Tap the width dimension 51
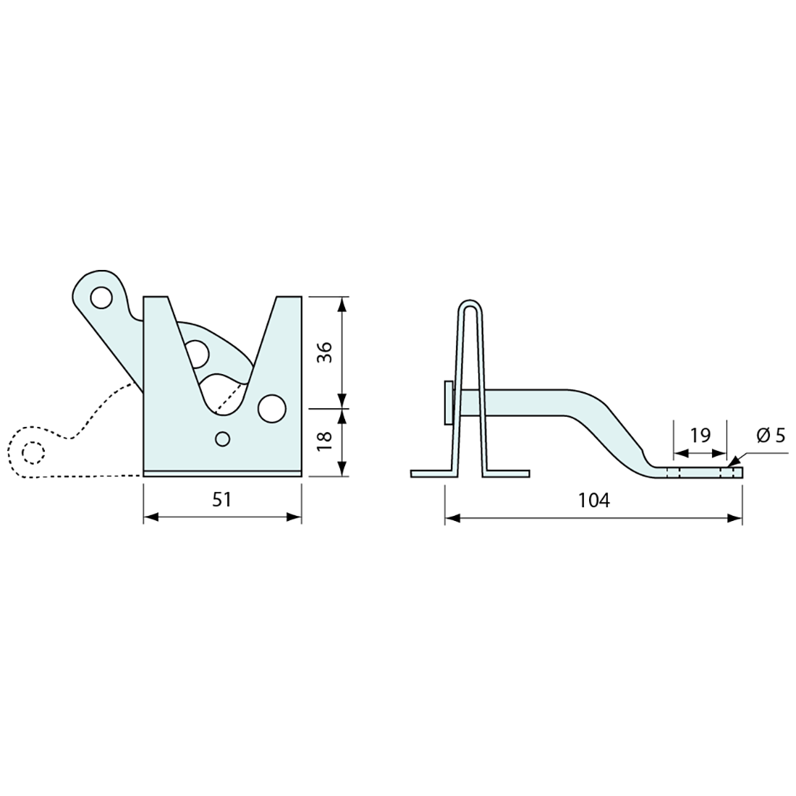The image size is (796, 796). (x=222, y=499)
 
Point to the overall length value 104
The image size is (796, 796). (x=594, y=500)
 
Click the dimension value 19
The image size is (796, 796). (x=700, y=435)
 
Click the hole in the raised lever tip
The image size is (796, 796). (x=101, y=297)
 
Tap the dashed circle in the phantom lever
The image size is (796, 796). (x=33, y=452)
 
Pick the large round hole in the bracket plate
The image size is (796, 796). (x=271, y=408)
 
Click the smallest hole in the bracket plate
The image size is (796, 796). (x=223, y=438)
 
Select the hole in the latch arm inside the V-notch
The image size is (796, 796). (x=197, y=353)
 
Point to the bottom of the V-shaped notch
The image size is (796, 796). (x=223, y=412)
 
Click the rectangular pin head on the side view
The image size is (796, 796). (x=449, y=402)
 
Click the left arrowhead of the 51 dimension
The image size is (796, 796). (x=149, y=517)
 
